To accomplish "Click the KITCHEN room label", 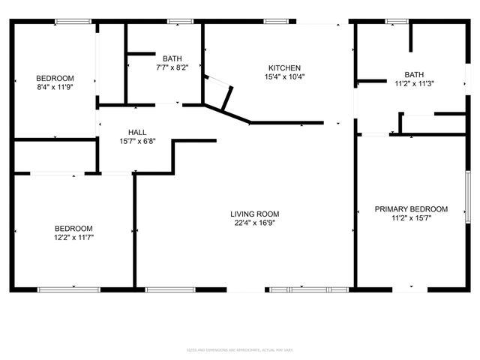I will [285, 67].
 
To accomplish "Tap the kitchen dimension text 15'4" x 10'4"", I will [285, 76].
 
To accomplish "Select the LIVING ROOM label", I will [255, 214].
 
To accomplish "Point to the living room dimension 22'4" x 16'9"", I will [255, 223].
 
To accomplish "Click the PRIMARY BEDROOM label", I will [411, 209].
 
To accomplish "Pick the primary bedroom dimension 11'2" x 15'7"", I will [411, 218].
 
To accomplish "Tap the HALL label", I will [137, 132].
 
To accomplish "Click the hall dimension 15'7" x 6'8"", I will [137, 141].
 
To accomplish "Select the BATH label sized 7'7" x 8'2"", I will [172, 58].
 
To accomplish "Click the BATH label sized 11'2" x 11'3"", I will [414, 74].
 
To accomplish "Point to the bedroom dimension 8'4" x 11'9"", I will [55, 87].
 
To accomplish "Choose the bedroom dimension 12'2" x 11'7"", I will [73, 237].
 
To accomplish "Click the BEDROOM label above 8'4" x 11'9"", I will [55, 78].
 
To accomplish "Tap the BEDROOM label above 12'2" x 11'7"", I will [73, 228].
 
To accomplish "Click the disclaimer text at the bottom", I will [240, 349].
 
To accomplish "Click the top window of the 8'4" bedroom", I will [67, 21].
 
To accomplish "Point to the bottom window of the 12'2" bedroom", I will [69, 289].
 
